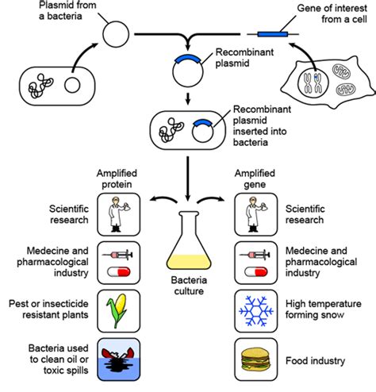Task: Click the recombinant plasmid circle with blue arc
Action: coord(186,71)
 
